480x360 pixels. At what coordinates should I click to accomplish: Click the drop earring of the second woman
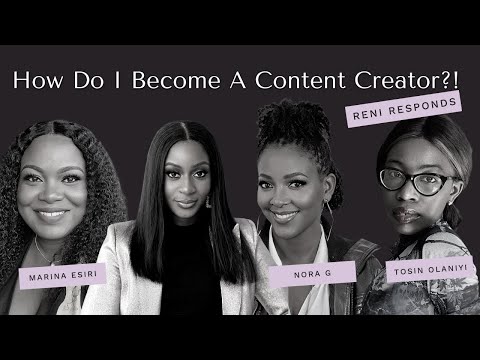(209, 202)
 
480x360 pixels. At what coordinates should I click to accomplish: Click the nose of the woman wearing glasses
(413, 197)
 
